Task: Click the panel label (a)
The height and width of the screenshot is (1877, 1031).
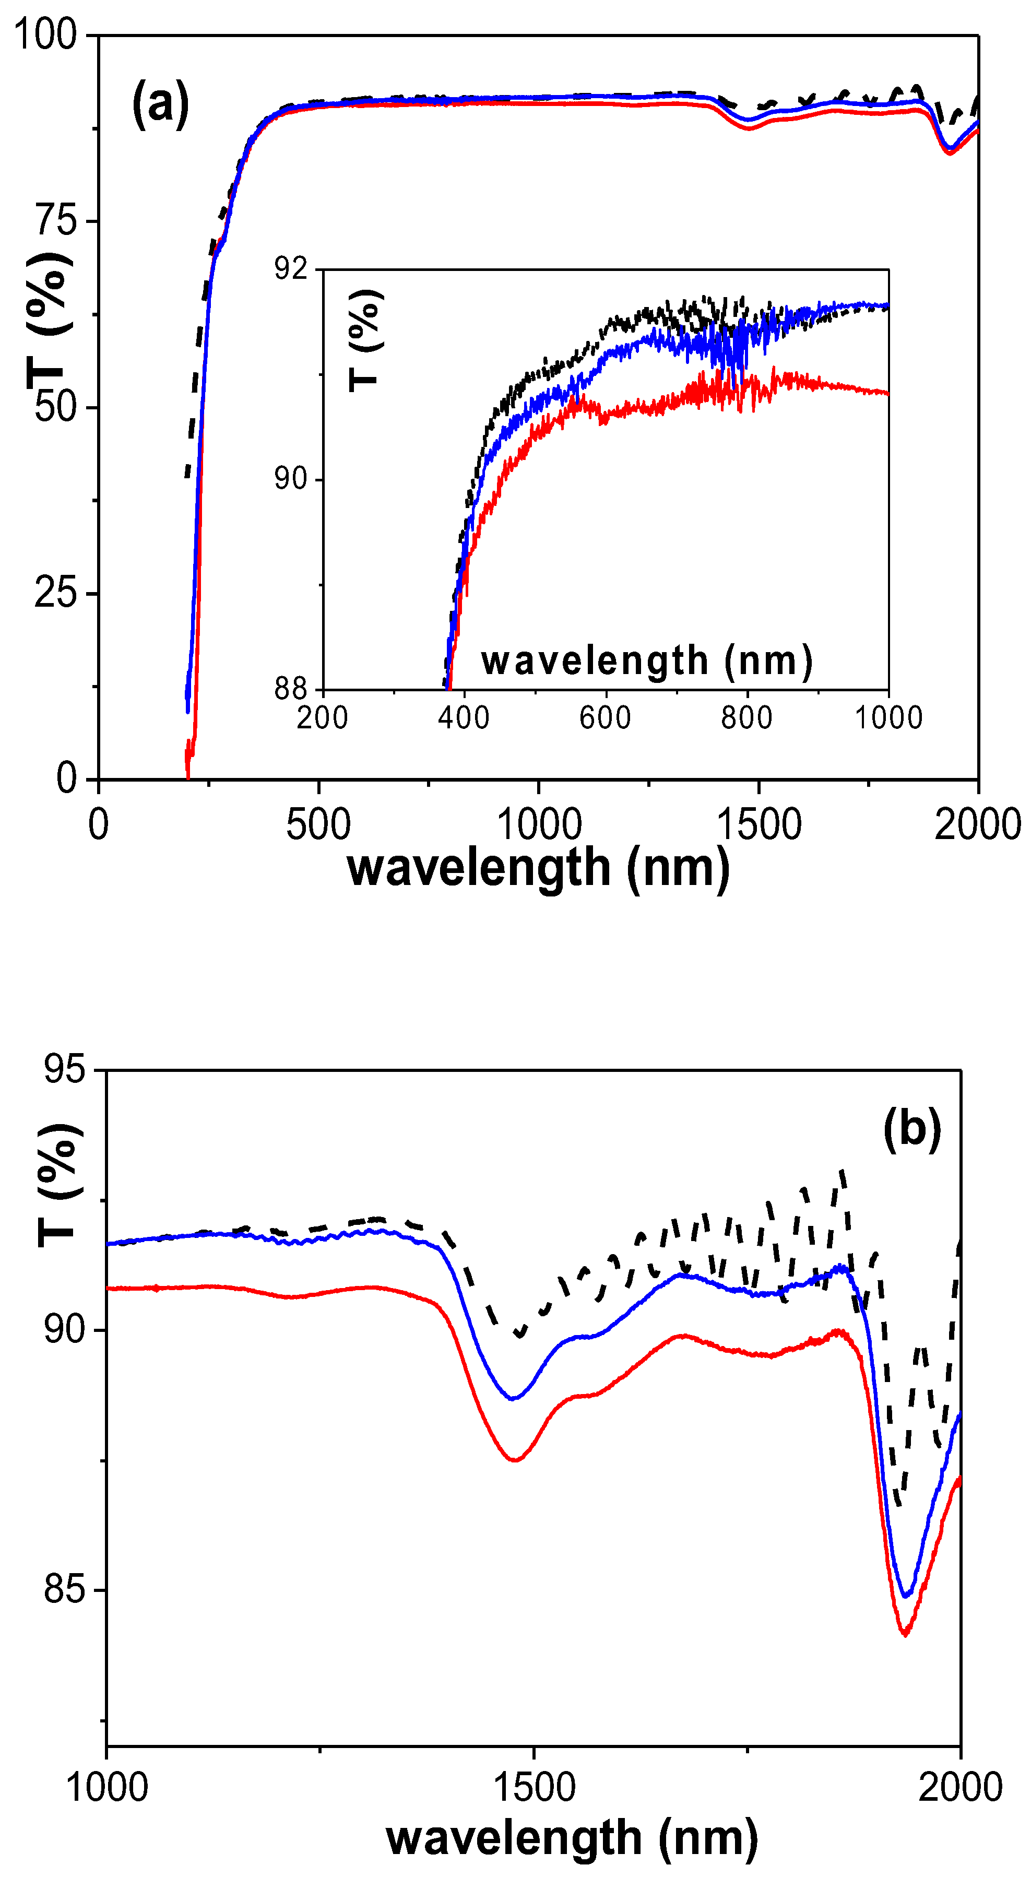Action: [160, 105]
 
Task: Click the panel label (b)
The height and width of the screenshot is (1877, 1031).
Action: [911, 1129]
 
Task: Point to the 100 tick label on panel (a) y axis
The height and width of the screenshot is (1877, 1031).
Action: [45, 34]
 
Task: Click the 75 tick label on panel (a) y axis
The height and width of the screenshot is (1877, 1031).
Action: [55, 220]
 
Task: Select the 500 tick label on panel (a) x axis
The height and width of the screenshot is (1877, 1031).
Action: [318, 825]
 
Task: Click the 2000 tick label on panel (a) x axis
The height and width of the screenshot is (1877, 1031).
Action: [977, 825]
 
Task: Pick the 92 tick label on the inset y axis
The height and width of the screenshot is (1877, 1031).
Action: [291, 269]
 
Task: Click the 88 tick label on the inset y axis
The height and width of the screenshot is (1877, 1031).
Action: [291, 689]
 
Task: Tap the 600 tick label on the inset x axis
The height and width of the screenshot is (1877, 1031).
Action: [605, 718]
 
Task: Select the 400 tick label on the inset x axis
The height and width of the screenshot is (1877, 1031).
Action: [464, 718]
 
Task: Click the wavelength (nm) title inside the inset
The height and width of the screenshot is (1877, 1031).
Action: [646, 661]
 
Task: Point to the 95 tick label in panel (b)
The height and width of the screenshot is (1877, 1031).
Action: [64, 1070]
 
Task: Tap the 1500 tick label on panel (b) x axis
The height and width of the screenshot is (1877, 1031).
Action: [534, 1787]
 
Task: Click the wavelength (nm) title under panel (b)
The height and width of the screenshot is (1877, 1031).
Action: [572, 1838]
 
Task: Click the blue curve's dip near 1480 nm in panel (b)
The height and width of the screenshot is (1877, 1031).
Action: [514, 1398]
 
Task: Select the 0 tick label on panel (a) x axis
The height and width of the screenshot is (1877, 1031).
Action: [98, 825]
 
